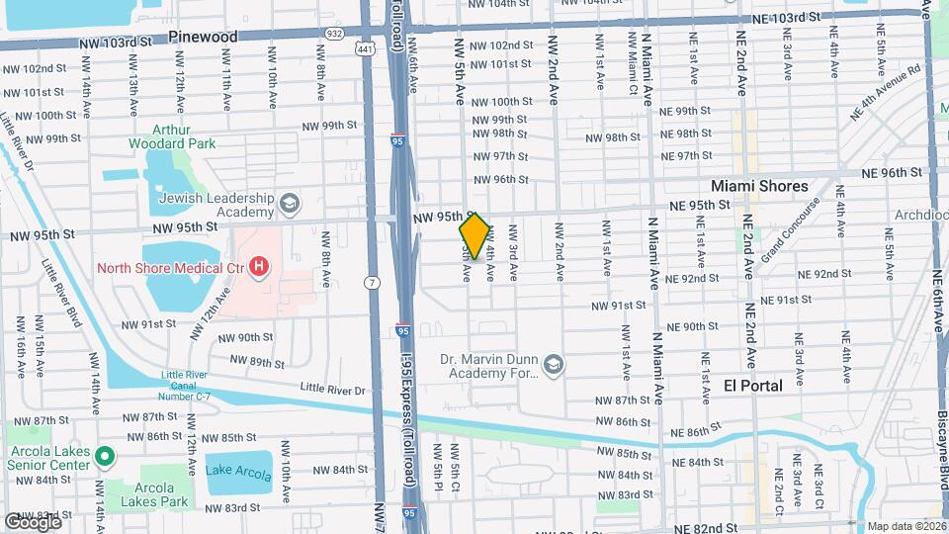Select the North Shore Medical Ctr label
pyautogui.click(x=170, y=267)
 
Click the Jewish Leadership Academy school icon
pyautogui.click(x=290, y=205)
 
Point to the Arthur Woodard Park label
pyautogui.click(x=171, y=136)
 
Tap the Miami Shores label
pyautogui.click(x=759, y=186)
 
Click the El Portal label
pyautogui.click(x=753, y=386)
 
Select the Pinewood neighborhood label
pyautogui.click(x=203, y=37)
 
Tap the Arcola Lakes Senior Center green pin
pyautogui.click(x=106, y=457)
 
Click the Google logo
pyautogui.click(x=33, y=521)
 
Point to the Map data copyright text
pyautogui.click(x=906, y=526)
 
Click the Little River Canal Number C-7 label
pyautogui.click(x=193, y=383)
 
